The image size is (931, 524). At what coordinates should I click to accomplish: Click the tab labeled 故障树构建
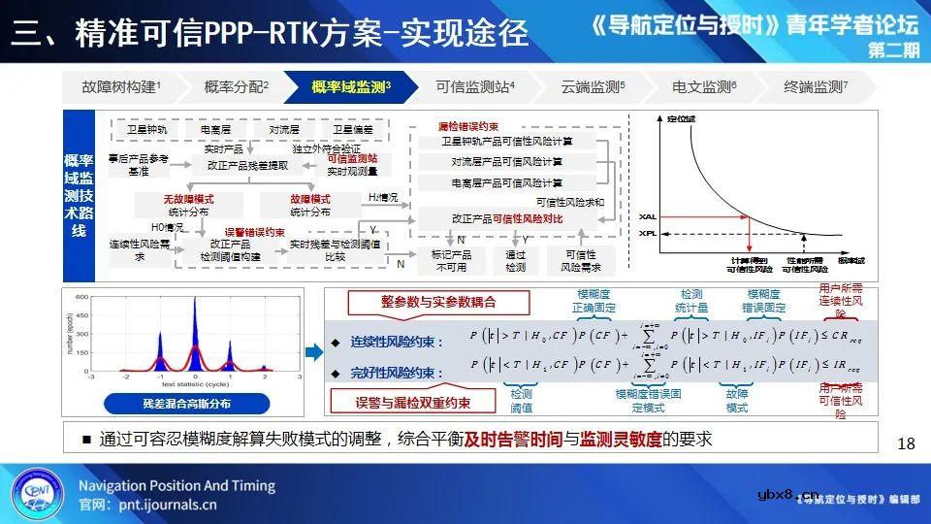121,87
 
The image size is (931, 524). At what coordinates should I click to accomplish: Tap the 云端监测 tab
593,87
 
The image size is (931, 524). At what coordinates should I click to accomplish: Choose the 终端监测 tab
816,87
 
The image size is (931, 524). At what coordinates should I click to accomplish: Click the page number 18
906,443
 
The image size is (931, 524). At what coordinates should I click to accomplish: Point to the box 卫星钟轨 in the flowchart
146,128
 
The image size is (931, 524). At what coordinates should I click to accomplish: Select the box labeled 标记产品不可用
451,260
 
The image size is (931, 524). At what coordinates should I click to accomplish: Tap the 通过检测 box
515,260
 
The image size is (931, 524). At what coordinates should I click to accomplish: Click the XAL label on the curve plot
647,215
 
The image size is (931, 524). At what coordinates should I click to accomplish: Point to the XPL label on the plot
647,234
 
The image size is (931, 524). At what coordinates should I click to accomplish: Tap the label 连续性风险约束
397,343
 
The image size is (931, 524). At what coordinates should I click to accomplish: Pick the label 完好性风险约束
397,373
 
